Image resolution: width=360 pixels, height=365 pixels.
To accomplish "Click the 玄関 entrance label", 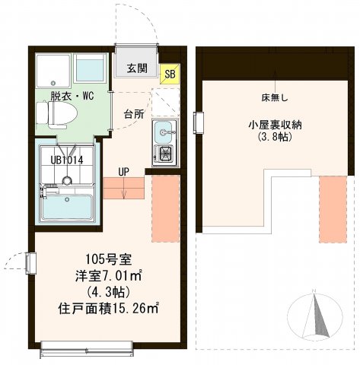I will click(x=137, y=68).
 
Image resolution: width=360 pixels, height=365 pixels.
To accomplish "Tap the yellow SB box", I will click(x=170, y=73).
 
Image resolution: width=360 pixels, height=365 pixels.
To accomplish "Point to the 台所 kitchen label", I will click(x=134, y=114).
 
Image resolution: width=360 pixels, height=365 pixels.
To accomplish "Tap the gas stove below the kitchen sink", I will click(x=164, y=155).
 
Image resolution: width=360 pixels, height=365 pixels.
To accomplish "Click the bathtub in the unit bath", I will click(x=67, y=207).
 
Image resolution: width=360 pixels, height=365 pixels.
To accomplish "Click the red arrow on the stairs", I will click(x=123, y=189).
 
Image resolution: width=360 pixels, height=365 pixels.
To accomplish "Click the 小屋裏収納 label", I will click(x=271, y=124).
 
